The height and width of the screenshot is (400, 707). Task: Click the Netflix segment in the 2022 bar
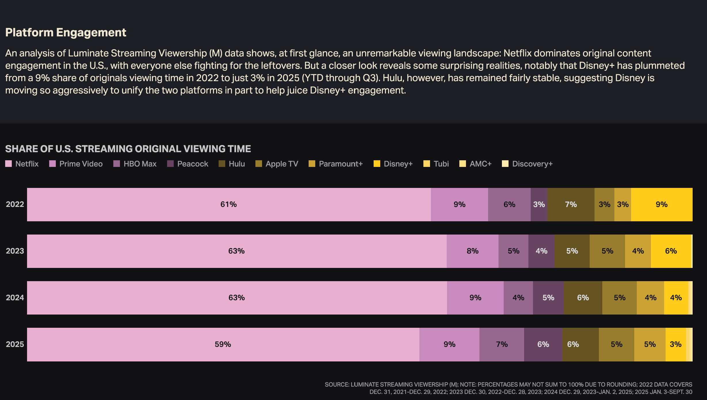pyautogui.click(x=229, y=205)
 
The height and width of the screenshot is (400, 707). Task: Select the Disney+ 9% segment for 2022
pyautogui.click(x=662, y=205)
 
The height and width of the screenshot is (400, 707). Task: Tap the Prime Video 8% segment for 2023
pyautogui.click(x=472, y=251)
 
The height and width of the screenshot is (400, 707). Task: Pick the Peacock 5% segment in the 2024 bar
pyautogui.click(x=548, y=298)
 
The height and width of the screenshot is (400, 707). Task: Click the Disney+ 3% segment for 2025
pyautogui.click(x=675, y=344)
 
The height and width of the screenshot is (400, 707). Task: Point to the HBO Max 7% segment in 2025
pyautogui.click(x=502, y=344)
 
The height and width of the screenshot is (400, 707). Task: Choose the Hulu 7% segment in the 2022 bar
pyautogui.click(x=571, y=205)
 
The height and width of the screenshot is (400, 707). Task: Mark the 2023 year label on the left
pyautogui.click(x=15, y=251)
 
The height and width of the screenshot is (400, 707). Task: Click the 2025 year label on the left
pyautogui.click(x=15, y=344)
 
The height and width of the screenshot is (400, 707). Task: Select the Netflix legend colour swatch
pyautogui.click(x=9, y=164)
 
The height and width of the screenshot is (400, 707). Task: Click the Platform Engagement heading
pyautogui.click(x=66, y=33)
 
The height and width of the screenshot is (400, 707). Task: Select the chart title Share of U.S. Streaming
pyautogui.click(x=128, y=149)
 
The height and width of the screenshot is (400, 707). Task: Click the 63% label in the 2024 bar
pyautogui.click(x=236, y=298)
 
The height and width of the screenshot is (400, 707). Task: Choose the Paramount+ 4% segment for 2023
pyautogui.click(x=638, y=251)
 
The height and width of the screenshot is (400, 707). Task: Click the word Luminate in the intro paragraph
pyautogui.click(x=88, y=53)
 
